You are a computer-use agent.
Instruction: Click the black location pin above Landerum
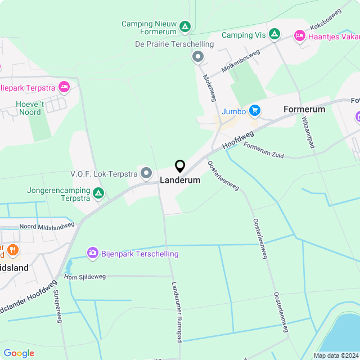[x=180, y=166]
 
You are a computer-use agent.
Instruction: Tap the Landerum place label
[x=180, y=181]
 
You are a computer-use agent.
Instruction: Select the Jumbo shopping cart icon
[x=255, y=111]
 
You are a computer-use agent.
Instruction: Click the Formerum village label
[x=304, y=109]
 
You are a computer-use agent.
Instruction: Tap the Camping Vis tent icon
[x=274, y=35]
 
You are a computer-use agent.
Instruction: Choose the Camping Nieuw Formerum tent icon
[x=184, y=26]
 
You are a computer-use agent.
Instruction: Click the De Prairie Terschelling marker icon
[x=198, y=56]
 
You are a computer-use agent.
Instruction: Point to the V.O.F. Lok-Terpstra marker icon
[x=146, y=173]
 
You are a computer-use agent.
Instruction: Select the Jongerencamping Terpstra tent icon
[x=98, y=194]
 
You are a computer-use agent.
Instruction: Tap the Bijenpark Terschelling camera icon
[x=92, y=254]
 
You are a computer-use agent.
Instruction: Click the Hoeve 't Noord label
[x=29, y=108]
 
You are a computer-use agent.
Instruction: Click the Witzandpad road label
[x=307, y=133]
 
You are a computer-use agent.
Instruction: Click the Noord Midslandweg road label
[x=47, y=226]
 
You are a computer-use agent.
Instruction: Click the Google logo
[x=19, y=353]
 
